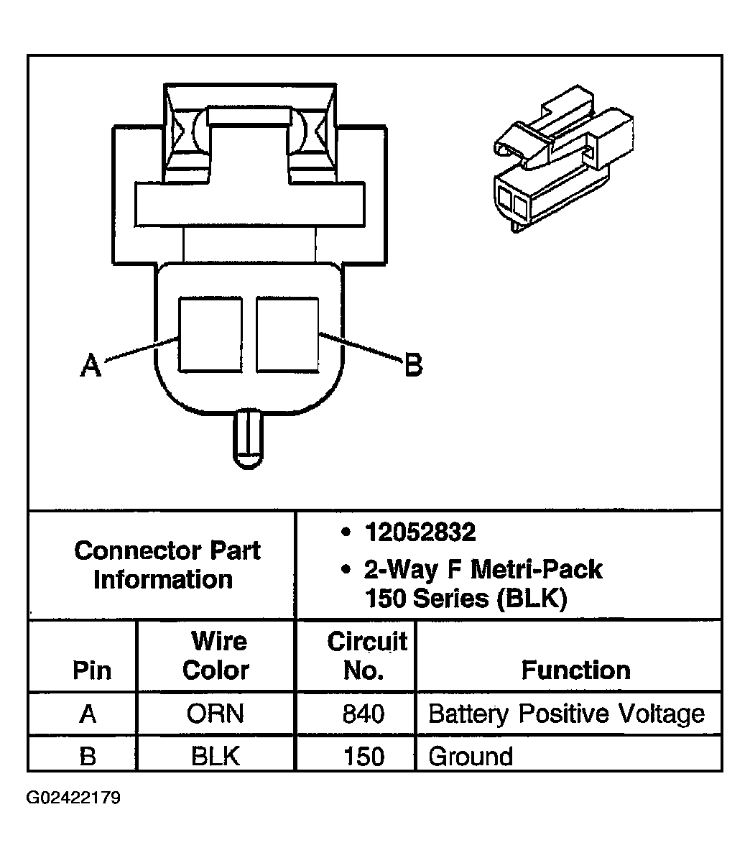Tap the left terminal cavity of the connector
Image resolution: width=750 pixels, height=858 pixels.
point(210,335)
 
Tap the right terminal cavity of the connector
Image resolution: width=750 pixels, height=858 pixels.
point(287,335)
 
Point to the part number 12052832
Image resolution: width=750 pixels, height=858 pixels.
point(420,532)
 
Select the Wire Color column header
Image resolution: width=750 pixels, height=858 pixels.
point(216,655)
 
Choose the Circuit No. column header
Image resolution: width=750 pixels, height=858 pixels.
point(366,655)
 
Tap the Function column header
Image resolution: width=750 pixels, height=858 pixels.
point(575,670)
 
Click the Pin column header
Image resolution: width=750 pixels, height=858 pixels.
point(92,670)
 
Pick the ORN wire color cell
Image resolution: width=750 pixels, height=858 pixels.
point(216,714)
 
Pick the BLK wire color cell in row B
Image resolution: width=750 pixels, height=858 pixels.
point(216,757)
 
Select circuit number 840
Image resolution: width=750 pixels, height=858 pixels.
point(364,714)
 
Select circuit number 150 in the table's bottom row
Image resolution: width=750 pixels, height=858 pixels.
point(364,757)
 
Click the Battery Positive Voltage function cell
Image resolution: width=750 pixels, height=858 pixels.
point(566,714)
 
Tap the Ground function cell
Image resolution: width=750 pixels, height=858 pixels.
point(471,757)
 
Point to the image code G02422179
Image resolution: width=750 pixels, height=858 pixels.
point(74,798)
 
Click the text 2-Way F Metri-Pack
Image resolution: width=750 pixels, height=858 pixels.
point(483,570)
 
